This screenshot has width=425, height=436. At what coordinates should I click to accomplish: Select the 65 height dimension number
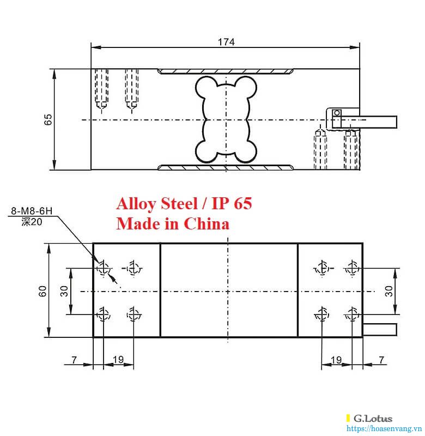pyautogui.click(x=48, y=119)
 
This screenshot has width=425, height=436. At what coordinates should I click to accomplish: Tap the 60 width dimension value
pyautogui.click(x=42, y=291)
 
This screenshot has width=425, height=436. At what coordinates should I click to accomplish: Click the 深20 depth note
pyautogui.click(x=32, y=222)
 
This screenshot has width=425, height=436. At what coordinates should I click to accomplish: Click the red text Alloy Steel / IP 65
pyautogui.click(x=184, y=204)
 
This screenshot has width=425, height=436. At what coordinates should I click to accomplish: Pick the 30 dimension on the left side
pyautogui.click(x=64, y=291)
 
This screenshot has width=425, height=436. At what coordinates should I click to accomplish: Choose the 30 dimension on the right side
pyautogui.click(x=389, y=291)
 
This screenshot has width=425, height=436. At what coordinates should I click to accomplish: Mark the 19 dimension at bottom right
pyautogui.click(x=336, y=360)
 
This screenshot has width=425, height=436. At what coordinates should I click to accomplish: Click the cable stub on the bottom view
pyautogui.click(x=380, y=329)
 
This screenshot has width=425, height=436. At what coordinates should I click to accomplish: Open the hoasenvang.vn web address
pyautogui.click(x=386, y=428)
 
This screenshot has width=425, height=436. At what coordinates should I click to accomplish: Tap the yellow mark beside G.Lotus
pyautogui.click(x=348, y=419)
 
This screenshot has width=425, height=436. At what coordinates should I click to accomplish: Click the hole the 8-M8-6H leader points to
pyautogui.click(x=102, y=268)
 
